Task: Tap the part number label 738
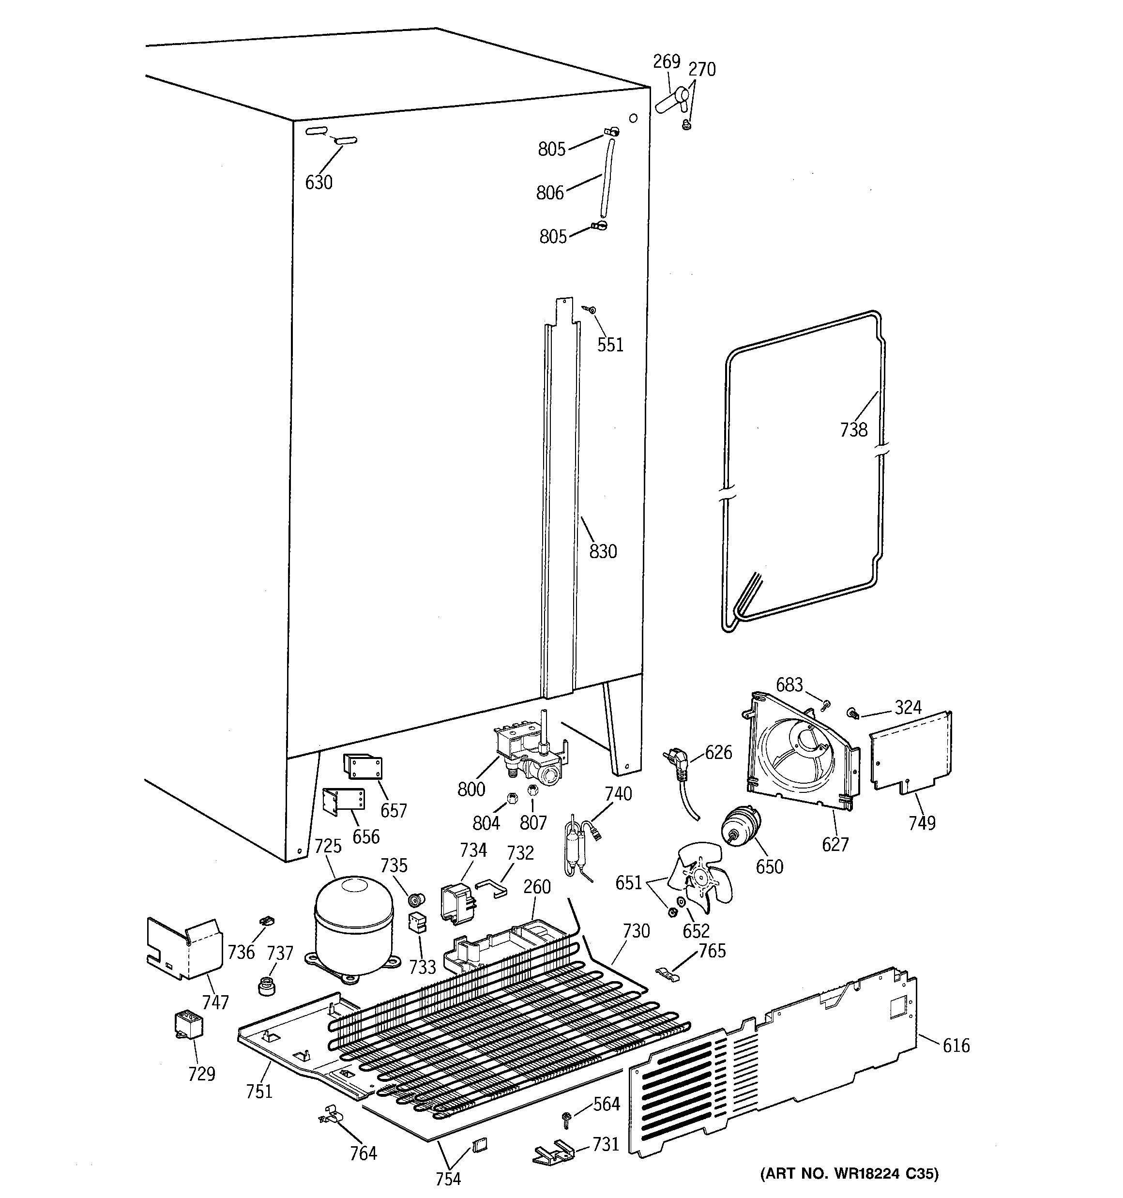tap(853, 430)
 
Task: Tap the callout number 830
tap(603, 551)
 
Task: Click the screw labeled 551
tap(590, 310)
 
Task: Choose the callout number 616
tap(956, 1045)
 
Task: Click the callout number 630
tap(319, 182)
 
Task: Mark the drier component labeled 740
tap(577, 844)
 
